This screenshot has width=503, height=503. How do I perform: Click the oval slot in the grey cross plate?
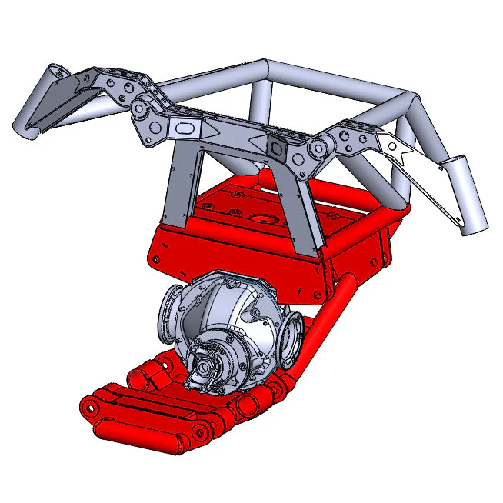point(186,127)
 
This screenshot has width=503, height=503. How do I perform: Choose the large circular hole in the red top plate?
point(268,218)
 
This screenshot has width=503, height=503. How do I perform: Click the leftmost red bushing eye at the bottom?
point(91,407)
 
